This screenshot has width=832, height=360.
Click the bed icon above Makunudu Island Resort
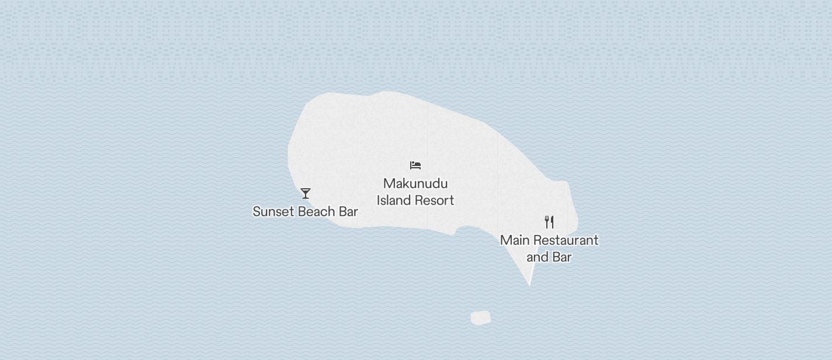pos(415,165)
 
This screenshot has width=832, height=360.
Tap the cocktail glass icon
pos(305,193)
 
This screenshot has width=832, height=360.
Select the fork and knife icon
pos(549,222)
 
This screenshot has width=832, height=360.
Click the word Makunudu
pos(415,184)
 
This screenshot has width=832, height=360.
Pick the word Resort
pos(432,200)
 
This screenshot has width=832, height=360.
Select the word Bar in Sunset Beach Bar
pos(348,212)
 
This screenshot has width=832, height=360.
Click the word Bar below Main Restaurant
pos(561,257)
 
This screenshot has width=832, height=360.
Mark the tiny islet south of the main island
pos(480,318)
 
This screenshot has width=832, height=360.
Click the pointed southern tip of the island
pos(529,285)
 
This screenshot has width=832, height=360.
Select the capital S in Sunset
pos(256,212)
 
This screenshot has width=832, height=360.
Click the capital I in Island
pos(379,200)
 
